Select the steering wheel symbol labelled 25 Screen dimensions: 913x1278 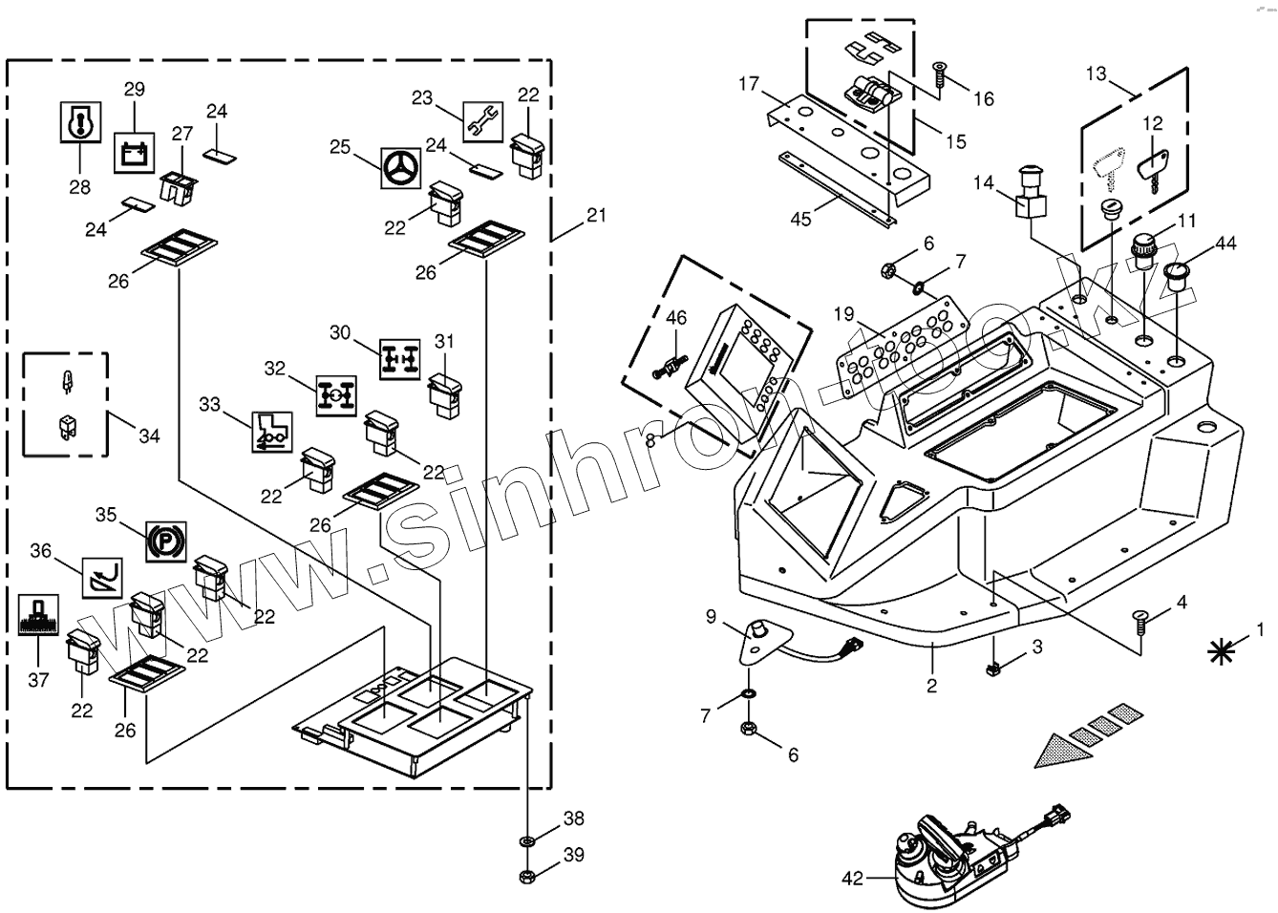point(399,167)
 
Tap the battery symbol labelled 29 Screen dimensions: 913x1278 point(133,152)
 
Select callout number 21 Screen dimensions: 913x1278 point(596,217)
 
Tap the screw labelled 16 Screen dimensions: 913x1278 point(939,74)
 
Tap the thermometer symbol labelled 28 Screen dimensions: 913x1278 point(78,120)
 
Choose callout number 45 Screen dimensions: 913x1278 point(800,219)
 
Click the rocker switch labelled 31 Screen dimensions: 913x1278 point(446,394)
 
